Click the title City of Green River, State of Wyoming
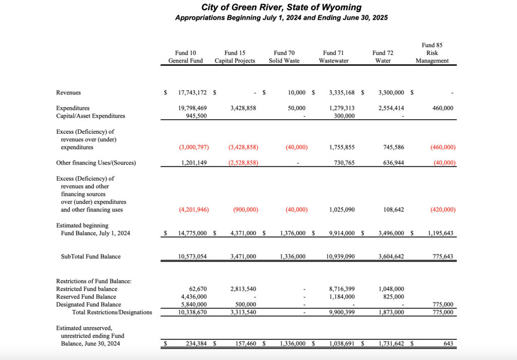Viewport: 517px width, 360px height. click(x=281, y=7)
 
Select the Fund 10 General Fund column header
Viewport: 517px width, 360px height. click(x=185, y=57)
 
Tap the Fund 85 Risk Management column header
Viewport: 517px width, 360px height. click(x=432, y=53)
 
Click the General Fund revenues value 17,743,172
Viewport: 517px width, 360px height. click(x=192, y=93)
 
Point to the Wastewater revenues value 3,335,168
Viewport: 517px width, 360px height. click(x=341, y=93)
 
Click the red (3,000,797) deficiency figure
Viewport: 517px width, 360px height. click(x=194, y=147)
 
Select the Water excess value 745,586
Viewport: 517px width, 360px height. click(x=390, y=147)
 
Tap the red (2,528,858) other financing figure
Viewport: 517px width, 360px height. click(x=242, y=163)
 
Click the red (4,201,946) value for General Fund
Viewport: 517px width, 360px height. click(x=194, y=210)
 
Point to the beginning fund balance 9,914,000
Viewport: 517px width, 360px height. click(x=341, y=233)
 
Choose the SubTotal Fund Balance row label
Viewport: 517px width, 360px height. click(x=91, y=256)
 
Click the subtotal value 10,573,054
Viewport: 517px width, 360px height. click(x=192, y=256)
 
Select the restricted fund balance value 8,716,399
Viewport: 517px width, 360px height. click(x=341, y=289)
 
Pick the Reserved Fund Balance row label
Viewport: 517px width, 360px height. click(x=87, y=297)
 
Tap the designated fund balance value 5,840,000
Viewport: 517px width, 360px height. click(x=193, y=304)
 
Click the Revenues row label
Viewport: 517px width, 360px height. click(x=68, y=93)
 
